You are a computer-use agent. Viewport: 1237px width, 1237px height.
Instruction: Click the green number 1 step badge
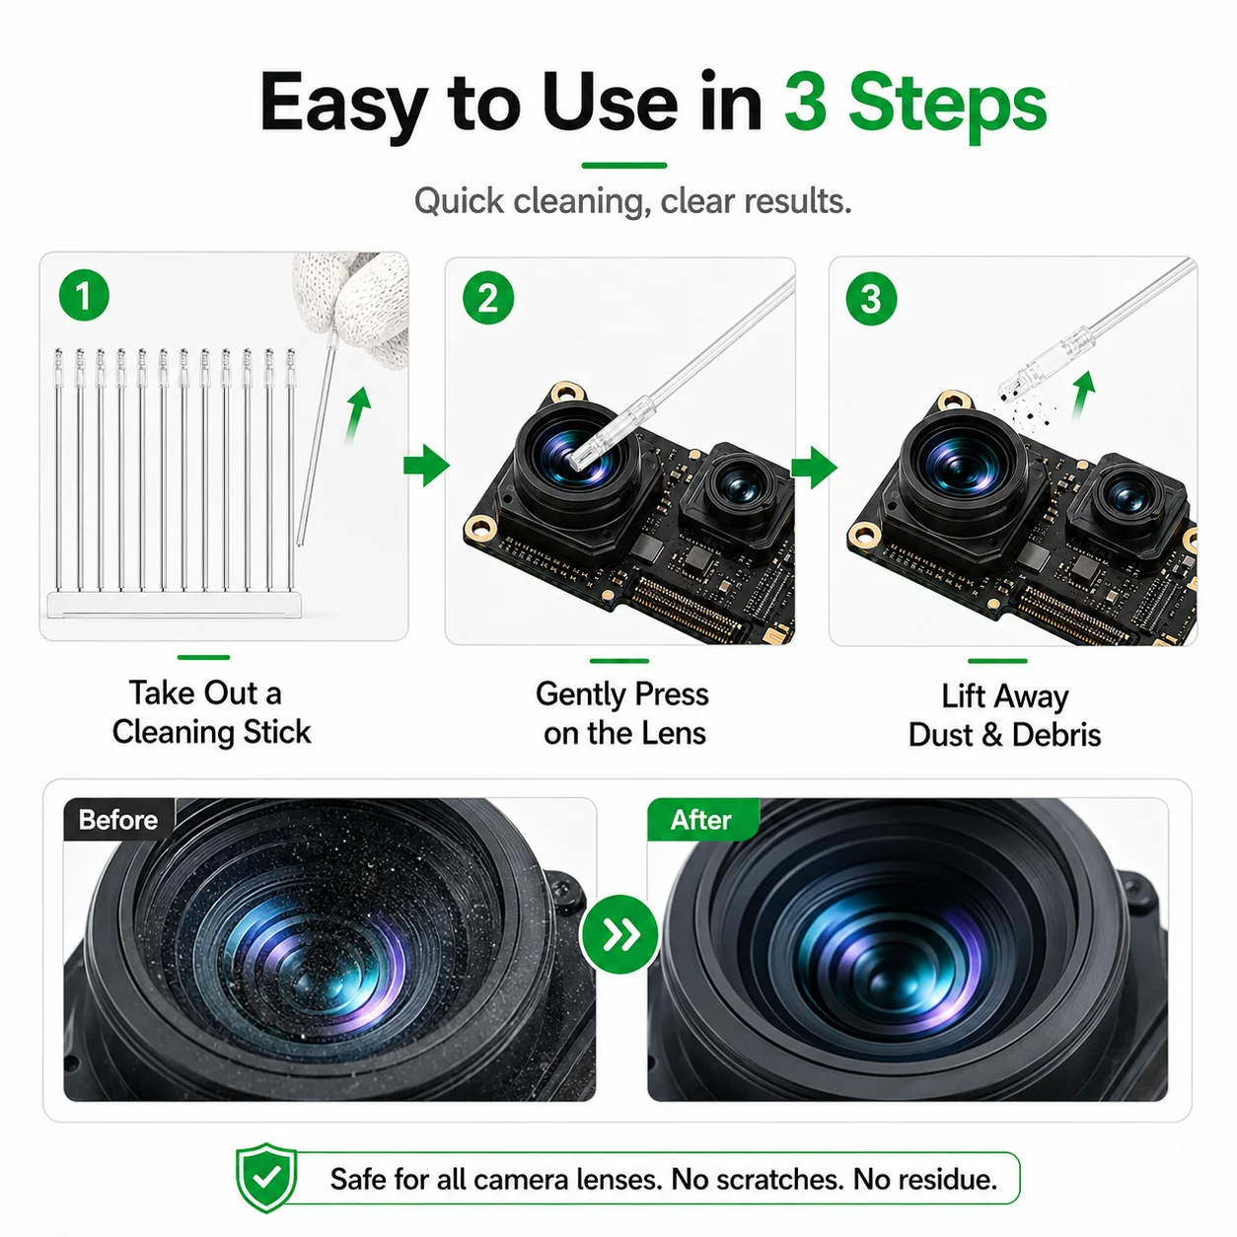tap(84, 295)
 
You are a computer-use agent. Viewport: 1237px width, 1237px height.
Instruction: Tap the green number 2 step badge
tap(488, 299)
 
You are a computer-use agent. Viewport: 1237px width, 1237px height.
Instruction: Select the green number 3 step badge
tap(871, 299)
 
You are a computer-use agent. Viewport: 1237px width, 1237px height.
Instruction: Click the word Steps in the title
tap(916, 106)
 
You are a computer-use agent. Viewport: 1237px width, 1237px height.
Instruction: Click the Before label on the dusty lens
tap(118, 820)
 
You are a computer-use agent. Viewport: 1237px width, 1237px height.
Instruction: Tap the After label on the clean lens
tap(701, 820)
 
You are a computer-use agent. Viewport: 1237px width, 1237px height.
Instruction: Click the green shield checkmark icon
tap(266, 1177)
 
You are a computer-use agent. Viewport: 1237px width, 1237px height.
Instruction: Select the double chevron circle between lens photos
tap(620, 934)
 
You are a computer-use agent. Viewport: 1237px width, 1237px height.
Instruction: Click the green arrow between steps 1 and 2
tap(426, 465)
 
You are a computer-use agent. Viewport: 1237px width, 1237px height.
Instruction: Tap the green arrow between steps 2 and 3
tap(814, 468)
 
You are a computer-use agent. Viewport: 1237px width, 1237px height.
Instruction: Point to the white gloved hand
tap(356, 307)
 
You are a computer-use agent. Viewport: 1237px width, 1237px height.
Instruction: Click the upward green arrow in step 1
tap(358, 414)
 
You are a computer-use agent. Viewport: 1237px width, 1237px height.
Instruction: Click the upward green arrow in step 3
tap(1083, 395)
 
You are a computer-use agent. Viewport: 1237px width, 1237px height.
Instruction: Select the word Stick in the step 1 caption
tap(278, 733)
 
